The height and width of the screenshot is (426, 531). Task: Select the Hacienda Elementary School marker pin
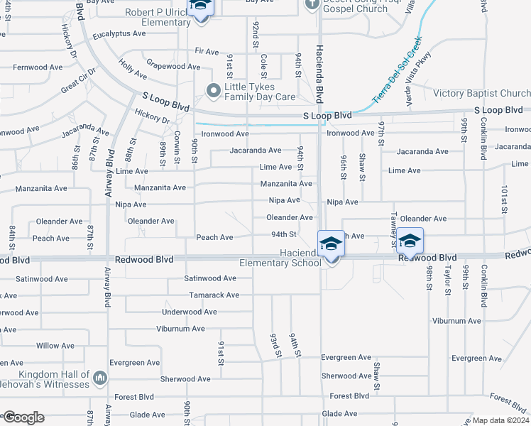coord(331,244)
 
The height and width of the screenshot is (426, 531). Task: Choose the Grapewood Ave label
coord(173,66)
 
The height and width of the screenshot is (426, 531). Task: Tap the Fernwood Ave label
coord(35,67)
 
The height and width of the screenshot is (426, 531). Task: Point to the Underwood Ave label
coord(190,312)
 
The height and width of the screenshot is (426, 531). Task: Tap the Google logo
coord(23,417)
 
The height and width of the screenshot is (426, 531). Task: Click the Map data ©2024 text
coord(500,420)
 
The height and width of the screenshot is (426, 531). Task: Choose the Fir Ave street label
coord(207,51)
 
